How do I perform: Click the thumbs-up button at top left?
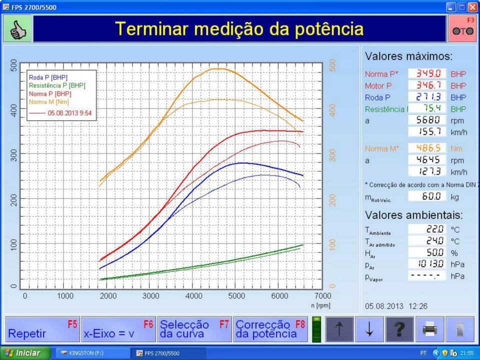click(x=18, y=29)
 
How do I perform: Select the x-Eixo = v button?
click(x=118, y=329)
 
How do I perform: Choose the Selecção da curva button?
click(x=194, y=329)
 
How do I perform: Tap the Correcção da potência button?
click(x=270, y=329)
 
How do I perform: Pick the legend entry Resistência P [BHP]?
click(x=50, y=85)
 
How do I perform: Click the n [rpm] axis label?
click(x=320, y=305)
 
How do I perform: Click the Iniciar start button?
click(x=25, y=353)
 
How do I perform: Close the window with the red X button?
click(x=472, y=7)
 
